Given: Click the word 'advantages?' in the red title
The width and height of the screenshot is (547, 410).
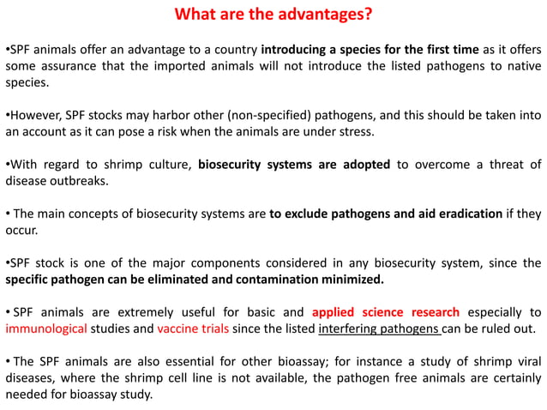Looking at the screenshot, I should [329, 16].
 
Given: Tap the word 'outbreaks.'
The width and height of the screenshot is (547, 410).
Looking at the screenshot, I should [84, 182].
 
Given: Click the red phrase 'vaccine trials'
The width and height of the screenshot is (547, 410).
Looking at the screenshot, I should [184, 329].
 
